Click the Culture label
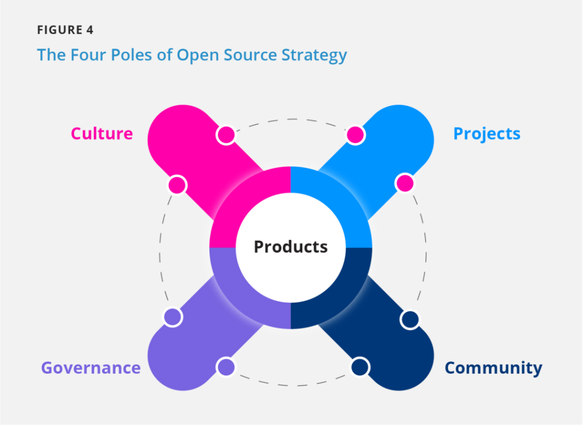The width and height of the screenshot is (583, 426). coord(101,134)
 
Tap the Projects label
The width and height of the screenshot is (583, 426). coord(487,134)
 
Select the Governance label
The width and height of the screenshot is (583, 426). coord(91,368)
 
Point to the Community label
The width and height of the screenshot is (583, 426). coord(493,368)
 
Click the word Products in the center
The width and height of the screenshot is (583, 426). coord(290,247)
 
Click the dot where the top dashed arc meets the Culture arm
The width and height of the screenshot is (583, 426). coord(226,135)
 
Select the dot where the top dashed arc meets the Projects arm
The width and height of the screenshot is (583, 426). coord(355,135)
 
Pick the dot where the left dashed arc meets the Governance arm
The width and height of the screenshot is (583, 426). coord(173,317)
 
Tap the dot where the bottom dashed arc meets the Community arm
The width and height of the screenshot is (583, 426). coord(360,367)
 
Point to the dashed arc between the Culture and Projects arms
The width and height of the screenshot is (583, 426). coord(290,119)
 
